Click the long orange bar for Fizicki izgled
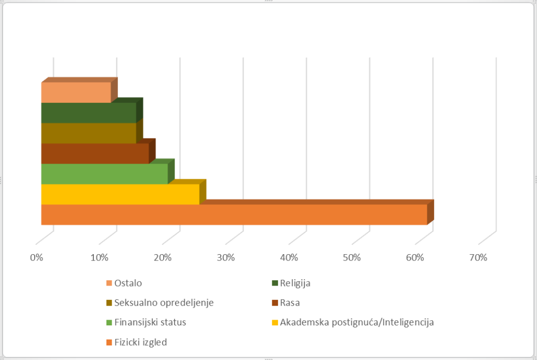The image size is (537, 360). pyautogui.click(x=234, y=215)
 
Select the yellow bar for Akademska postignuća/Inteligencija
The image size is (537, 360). pyautogui.click(x=120, y=194)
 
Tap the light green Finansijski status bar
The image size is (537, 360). pyautogui.click(x=104, y=174)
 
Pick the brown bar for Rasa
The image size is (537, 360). pyautogui.click(x=95, y=154)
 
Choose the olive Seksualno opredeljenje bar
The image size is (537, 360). pyautogui.click(x=89, y=133)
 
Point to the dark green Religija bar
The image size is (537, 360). pyautogui.click(x=89, y=113)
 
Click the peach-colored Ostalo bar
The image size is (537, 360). pyautogui.click(x=76, y=92)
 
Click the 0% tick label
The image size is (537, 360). pyautogui.click(x=37, y=258)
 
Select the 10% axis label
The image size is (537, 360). pyautogui.click(x=100, y=258)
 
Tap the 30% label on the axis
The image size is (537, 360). pyautogui.click(x=226, y=258)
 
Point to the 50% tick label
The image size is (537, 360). pyautogui.click(x=352, y=258)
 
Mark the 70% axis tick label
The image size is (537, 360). pyautogui.click(x=478, y=258)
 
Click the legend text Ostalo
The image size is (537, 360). pyautogui.click(x=128, y=283)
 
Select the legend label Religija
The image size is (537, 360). pyautogui.click(x=295, y=283)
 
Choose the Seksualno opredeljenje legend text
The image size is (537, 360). pyautogui.click(x=164, y=302)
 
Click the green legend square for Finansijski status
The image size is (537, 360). pyautogui.click(x=109, y=323)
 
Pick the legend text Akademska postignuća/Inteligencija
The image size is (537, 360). pyautogui.click(x=357, y=322)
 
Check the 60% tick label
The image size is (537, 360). pyautogui.click(x=415, y=258)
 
